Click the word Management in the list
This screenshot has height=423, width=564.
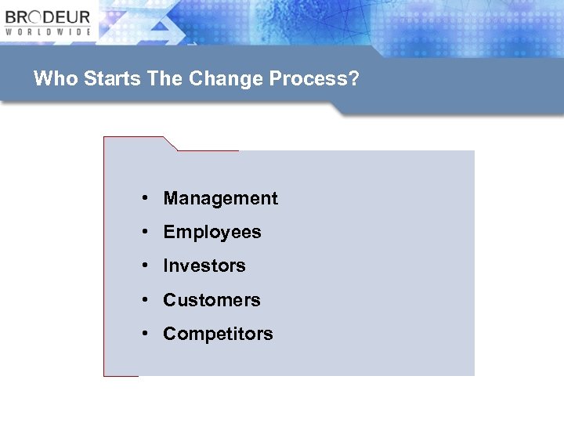[x=220, y=199]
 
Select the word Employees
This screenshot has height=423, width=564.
[x=212, y=233]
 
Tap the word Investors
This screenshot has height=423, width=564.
[x=204, y=266]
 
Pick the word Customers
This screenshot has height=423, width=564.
[x=211, y=300]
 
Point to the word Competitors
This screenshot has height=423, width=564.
[x=218, y=334]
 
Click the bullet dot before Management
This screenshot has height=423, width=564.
[x=146, y=199]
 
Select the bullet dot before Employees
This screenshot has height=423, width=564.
[x=146, y=233]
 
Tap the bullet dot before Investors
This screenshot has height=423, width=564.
[x=146, y=266]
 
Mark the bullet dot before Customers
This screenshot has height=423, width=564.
[x=146, y=300]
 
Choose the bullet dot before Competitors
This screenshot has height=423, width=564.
[x=146, y=334]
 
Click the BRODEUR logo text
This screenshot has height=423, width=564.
[x=48, y=17]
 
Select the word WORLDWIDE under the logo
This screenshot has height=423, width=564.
[x=48, y=32]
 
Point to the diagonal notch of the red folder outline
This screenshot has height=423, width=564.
[x=170, y=143]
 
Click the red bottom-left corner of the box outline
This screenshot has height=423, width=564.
[x=105, y=375]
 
